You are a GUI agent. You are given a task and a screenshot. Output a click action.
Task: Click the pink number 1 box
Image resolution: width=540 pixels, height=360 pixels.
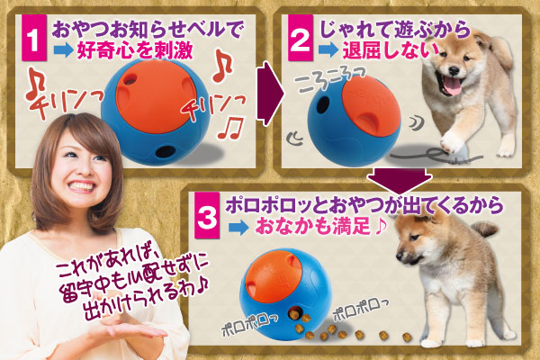click(34, 38)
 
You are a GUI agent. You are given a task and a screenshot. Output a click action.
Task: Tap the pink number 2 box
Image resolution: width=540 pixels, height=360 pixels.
click(301, 38)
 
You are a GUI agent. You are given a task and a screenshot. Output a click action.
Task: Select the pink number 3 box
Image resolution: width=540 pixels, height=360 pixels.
click(207, 216)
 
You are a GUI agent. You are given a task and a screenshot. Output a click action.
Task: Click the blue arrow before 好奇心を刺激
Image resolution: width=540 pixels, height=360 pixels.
click(63, 50)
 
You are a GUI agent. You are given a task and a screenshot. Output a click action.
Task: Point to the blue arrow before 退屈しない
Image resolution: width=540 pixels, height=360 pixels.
click(328, 50)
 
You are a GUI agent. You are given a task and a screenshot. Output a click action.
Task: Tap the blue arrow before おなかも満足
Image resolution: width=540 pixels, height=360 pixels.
click(238, 228)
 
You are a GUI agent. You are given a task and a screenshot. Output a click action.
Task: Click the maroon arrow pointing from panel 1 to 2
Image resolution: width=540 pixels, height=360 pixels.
click(268, 94)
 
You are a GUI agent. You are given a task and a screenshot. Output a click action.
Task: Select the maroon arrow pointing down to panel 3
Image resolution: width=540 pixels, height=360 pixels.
click(399, 181)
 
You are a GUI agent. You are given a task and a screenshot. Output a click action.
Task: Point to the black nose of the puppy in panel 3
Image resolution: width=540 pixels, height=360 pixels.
click(399, 256)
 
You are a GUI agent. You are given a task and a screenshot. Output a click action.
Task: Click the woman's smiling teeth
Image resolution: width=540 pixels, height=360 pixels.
click(82, 186)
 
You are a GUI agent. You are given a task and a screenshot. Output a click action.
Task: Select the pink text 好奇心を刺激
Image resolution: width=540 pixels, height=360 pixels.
click(135, 50)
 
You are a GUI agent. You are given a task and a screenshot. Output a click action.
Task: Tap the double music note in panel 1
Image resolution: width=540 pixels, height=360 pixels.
click(230, 128)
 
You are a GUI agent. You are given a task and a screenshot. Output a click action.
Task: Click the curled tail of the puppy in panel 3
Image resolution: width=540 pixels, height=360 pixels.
click(485, 229)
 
